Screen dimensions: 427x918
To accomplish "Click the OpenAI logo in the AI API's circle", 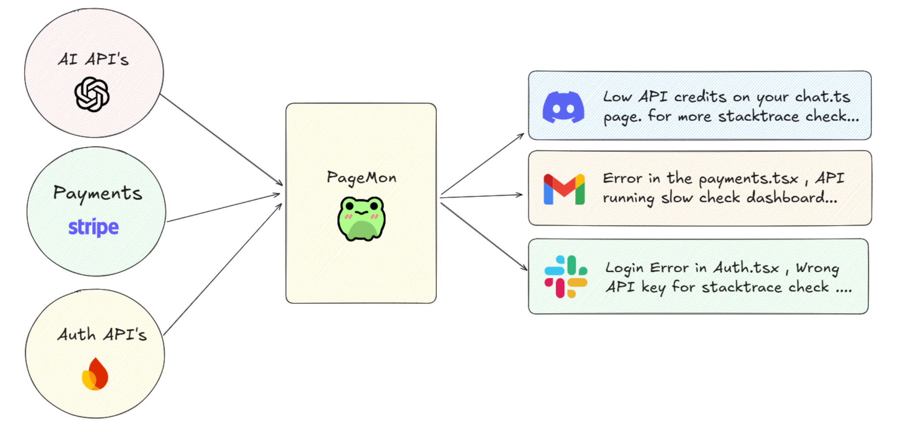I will coord(92,94).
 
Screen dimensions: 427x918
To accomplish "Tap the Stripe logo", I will coord(94,227).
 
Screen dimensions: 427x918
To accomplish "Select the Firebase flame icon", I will coord(95,374).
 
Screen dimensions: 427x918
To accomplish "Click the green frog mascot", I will coord(362,219).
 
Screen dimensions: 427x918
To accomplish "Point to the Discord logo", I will coord(563,107).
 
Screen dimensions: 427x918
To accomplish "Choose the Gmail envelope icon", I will coord(564,189).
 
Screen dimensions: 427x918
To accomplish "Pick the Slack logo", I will coord(566,276).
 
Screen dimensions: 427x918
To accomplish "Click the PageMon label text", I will coord(362,178).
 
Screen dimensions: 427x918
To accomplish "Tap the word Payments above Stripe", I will coord(97,193).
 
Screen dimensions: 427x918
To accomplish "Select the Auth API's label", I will coord(102,335).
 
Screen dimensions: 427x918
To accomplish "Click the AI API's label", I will coord(94,60).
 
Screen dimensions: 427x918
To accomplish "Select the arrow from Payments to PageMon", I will coord(223,208).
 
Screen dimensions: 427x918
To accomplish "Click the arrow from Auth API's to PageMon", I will coord(223,269).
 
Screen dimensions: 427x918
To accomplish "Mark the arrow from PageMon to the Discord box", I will coord(482,165).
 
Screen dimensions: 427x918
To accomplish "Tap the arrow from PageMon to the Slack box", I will coord(484,237).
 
